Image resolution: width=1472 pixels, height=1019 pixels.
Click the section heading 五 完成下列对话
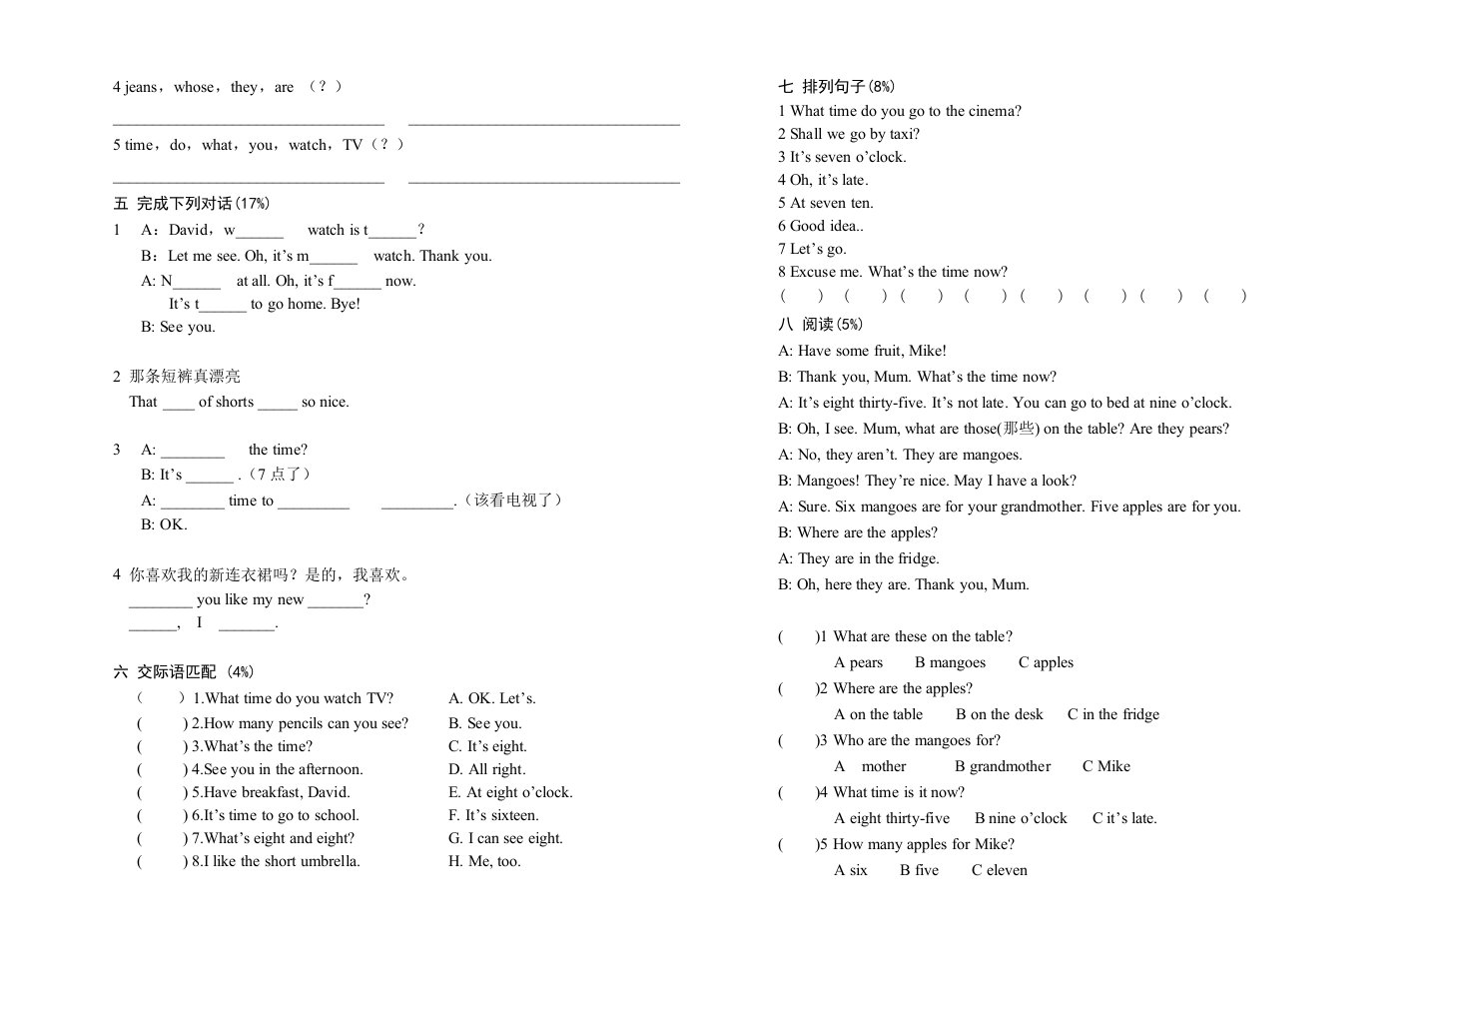[x=191, y=204]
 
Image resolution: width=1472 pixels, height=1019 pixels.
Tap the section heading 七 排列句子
[x=836, y=87]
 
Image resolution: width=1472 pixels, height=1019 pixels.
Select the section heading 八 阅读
[x=820, y=325]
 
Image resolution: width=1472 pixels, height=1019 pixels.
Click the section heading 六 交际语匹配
[x=183, y=672]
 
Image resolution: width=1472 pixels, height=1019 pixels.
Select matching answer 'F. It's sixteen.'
[x=493, y=815]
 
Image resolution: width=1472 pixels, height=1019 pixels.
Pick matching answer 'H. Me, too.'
[x=484, y=861]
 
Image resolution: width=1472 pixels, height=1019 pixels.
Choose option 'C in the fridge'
[x=1112, y=714]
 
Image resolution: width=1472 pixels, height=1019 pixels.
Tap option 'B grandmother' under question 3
[x=1002, y=766]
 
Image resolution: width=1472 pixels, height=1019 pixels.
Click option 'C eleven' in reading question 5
[x=999, y=870]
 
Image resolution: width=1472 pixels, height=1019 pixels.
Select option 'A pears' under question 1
[x=858, y=662]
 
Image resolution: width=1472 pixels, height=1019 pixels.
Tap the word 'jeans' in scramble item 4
[x=141, y=88]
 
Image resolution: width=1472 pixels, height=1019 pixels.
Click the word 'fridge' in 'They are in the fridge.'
[x=918, y=558]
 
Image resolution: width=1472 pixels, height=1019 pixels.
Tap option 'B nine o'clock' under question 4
[x=1021, y=818]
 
